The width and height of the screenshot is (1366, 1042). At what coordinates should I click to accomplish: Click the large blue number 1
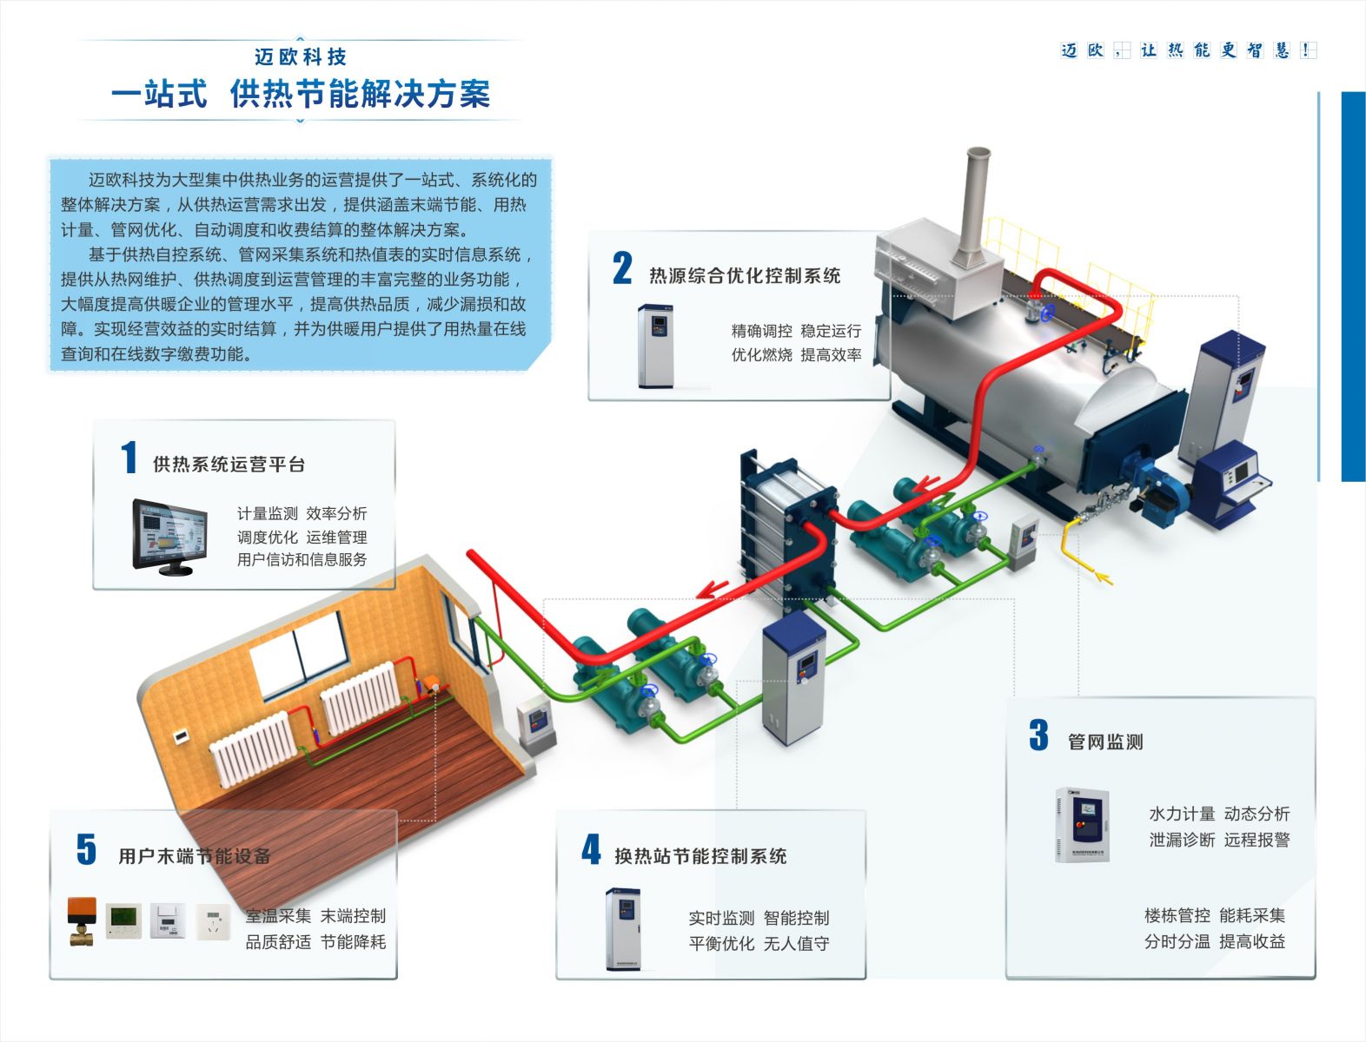coord(129,458)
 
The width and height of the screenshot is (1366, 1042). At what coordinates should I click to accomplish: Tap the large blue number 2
coord(622,268)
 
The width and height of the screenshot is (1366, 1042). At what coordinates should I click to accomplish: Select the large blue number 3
coord(1038,735)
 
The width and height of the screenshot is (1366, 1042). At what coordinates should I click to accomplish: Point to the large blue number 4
coord(591,849)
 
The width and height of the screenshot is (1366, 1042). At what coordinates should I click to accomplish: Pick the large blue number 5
coord(86,849)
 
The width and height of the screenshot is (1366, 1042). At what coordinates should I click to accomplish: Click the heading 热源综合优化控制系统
coord(745,276)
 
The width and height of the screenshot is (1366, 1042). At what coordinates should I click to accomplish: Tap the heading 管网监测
coord(1105,742)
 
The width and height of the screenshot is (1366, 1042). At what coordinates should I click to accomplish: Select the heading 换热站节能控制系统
coord(700,857)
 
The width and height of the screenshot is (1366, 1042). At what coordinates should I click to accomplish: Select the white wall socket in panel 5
coord(212,921)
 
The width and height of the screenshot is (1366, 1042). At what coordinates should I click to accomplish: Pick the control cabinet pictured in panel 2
coord(655,345)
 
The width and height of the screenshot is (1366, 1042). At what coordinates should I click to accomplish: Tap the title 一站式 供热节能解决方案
coord(301,95)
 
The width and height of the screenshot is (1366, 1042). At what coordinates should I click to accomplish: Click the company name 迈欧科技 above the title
coord(301,57)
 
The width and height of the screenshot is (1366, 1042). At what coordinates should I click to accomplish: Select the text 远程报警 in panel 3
coord(1257,840)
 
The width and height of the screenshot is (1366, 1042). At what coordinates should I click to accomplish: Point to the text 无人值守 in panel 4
coord(796,943)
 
